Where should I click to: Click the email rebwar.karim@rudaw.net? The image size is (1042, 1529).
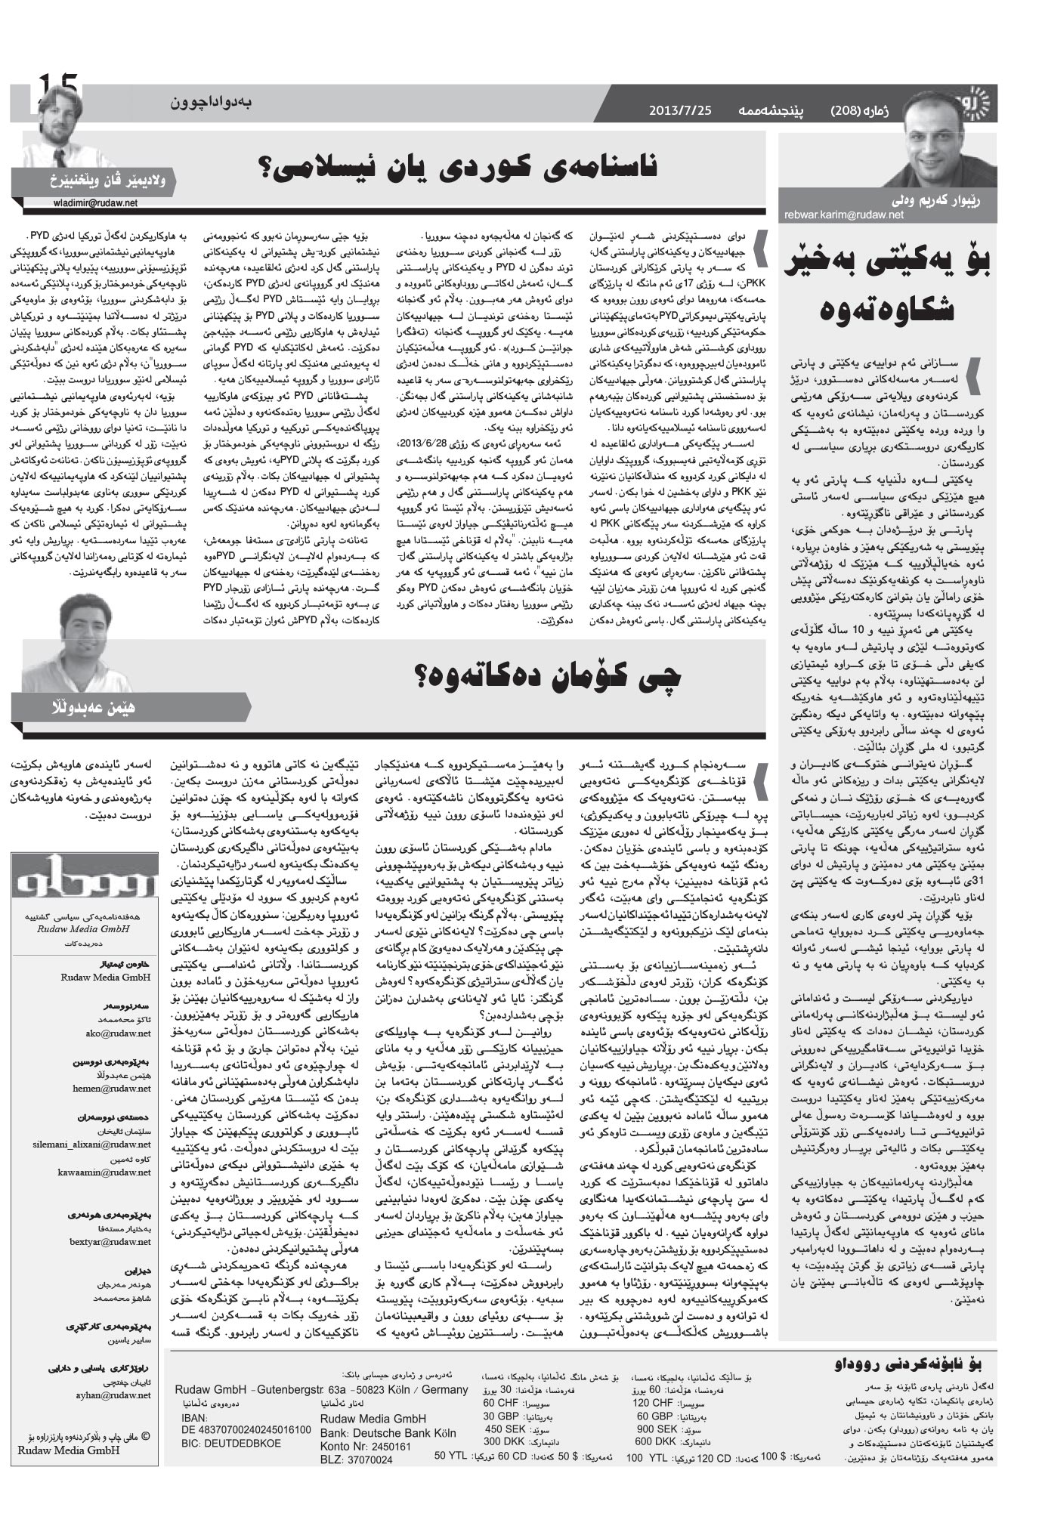click(844, 215)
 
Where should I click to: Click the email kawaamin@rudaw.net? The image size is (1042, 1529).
click(104, 1172)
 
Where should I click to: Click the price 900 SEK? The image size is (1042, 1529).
click(655, 1429)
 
